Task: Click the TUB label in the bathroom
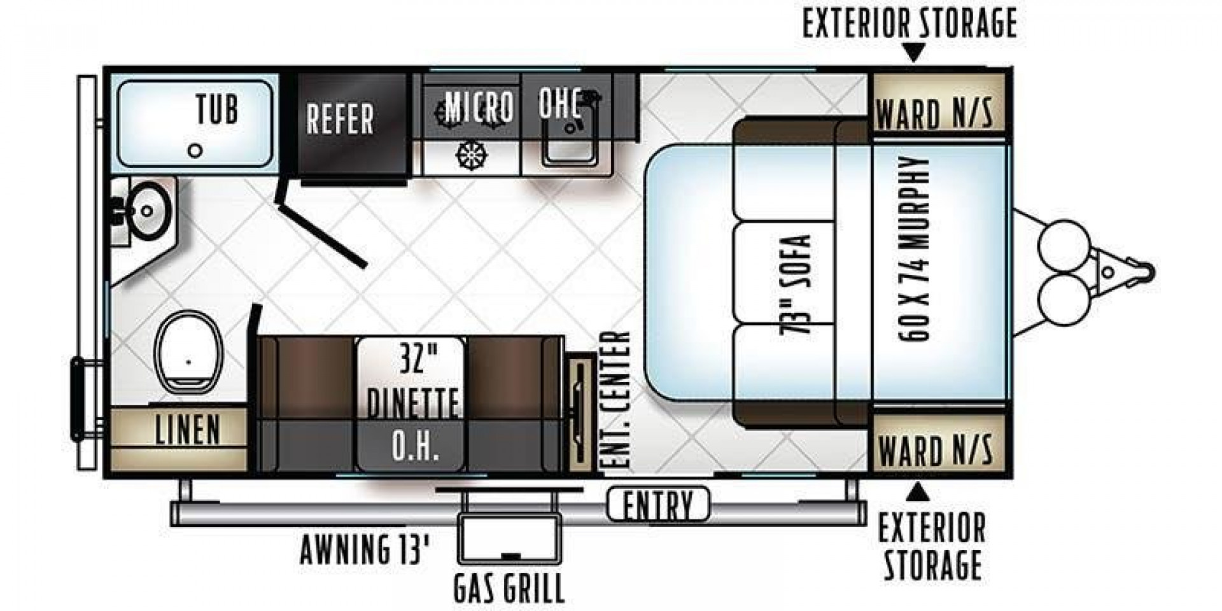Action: point(217,109)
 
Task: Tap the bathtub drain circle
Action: point(197,151)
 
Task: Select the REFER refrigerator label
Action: point(340,119)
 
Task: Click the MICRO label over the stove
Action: point(479,106)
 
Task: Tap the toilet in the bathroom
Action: point(188,352)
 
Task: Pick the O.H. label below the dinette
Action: point(415,447)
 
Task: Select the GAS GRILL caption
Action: point(509,588)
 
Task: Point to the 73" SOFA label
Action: point(796,284)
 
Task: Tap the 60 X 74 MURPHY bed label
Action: point(915,249)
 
